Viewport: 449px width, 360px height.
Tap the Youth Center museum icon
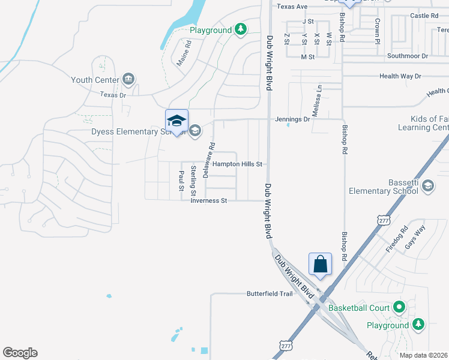[x=128, y=79]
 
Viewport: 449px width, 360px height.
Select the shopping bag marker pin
[x=321, y=264]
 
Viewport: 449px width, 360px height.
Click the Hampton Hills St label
[x=238, y=164]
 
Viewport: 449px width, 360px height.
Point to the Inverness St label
[x=208, y=201]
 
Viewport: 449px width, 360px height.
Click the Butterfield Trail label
[x=270, y=294]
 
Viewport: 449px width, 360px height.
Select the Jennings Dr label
[x=293, y=119]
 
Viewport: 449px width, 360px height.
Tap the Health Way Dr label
[x=400, y=76]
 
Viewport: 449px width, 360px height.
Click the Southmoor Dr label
[x=407, y=56]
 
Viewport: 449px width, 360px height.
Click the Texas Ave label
[x=292, y=7]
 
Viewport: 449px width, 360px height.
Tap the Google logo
[x=20, y=353]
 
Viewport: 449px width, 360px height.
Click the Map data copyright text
[x=424, y=355]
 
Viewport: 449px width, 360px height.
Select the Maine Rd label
[x=184, y=53]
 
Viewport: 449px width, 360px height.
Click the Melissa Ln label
[x=316, y=100]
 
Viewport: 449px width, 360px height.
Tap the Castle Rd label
[x=424, y=16]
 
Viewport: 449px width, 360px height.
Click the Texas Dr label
[x=113, y=95]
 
